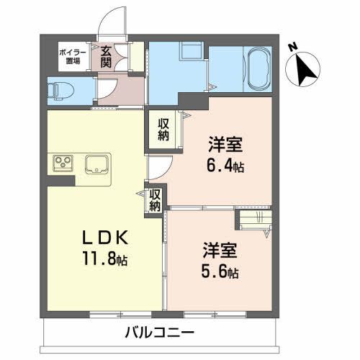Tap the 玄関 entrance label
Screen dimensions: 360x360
[x=107, y=56]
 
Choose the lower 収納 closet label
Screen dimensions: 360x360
[x=155, y=200]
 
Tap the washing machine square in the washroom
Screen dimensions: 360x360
[x=192, y=55]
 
